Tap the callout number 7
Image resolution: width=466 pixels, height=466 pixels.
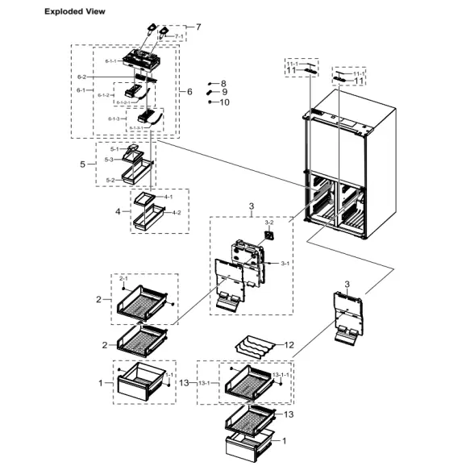(x=198, y=27)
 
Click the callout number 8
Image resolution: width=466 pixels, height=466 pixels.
(x=223, y=84)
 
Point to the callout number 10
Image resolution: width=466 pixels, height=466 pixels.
(x=224, y=102)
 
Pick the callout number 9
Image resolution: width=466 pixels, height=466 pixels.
(x=223, y=93)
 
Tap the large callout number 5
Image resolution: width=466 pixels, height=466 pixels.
(x=82, y=164)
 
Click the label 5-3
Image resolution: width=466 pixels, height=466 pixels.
(x=108, y=160)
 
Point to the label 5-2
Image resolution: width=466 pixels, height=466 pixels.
(x=109, y=180)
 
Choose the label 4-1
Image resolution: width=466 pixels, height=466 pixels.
(x=168, y=196)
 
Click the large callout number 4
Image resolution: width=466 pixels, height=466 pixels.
(x=118, y=212)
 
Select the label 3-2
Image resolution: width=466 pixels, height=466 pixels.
(x=269, y=222)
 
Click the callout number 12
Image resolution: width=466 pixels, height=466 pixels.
(x=289, y=344)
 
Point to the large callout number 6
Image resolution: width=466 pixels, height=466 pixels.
(x=189, y=92)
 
